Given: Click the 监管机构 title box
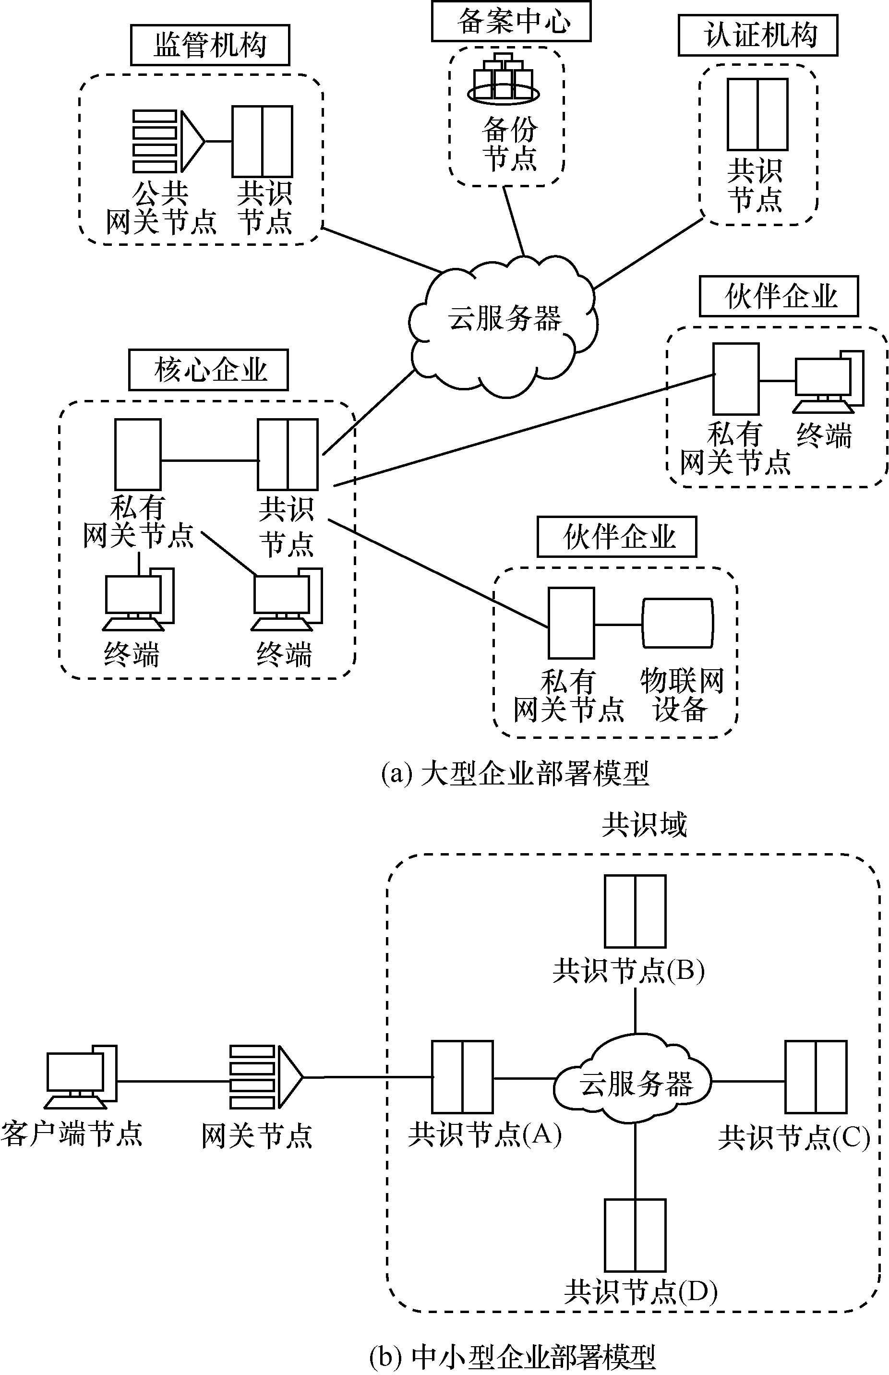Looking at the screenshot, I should click(210, 45).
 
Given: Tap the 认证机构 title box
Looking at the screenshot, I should click(757, 36).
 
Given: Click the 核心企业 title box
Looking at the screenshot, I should click(208, 370).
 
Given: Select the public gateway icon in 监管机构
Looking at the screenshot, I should click(168, 142).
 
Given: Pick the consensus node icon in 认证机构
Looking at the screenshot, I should click(757, 115).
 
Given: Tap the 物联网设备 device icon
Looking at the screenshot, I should click(678, 624).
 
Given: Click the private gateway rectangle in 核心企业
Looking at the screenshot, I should click(137, 455).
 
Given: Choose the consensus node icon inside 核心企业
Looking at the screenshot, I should click(288, 455).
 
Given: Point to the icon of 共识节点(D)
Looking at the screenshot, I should click(635, 1235).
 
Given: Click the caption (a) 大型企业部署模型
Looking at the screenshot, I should click(515, 774).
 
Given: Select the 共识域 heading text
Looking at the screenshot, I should click(644, 825).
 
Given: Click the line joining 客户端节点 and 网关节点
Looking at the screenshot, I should click(173, 1081).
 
